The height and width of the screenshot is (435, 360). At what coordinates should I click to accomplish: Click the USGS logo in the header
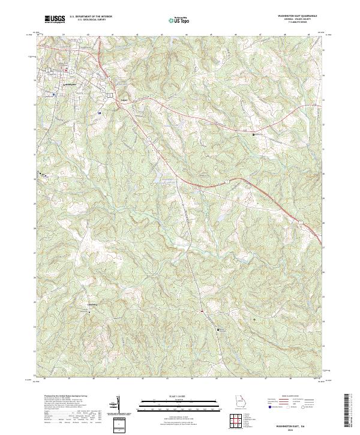(x=56, y=20)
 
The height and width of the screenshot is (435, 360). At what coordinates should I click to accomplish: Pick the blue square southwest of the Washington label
(x=53, y=94)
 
